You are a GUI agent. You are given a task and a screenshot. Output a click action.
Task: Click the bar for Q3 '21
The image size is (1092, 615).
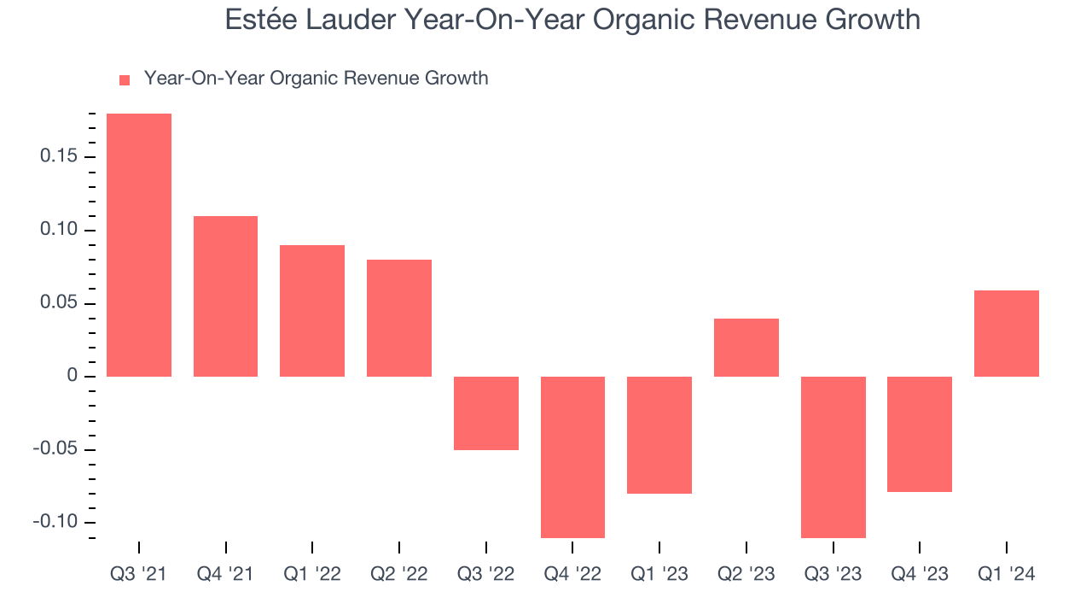coord(139,245)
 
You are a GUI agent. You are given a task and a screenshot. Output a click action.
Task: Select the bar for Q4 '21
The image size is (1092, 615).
coord(226,296)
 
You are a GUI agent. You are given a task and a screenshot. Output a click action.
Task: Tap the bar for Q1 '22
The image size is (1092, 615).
coord(312,311)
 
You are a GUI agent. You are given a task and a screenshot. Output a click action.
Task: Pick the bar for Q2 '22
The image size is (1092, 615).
coord(399,318)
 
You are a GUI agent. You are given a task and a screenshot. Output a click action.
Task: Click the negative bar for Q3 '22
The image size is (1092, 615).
coord(486,413)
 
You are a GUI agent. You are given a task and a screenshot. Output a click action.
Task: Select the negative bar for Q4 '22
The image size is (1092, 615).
coord(573,457)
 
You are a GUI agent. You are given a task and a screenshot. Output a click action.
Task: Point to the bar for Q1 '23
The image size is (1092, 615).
coord(659,435)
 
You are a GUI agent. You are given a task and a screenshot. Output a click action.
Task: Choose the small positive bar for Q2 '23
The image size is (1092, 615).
coord(746,348)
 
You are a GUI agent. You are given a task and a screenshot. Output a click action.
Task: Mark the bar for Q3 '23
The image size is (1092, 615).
coord(834,457)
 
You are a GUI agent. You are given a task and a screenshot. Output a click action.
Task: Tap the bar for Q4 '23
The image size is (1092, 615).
coord(920,434)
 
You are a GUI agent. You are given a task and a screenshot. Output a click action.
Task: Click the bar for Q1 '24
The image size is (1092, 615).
coord(1007,333)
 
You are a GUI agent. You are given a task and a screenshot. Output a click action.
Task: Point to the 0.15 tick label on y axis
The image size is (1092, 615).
coord(58,157)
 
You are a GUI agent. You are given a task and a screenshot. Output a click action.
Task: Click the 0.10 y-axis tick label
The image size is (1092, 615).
coord(58,231)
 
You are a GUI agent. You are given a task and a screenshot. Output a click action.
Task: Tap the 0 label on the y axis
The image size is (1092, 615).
coord(72,377)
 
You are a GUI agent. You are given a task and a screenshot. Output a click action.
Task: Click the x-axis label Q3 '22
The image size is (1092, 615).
coord(486,575)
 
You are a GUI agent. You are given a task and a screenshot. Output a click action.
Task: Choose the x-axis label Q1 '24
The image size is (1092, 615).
coord(1007,575)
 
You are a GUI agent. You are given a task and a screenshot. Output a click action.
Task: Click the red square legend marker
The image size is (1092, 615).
coord(125,79)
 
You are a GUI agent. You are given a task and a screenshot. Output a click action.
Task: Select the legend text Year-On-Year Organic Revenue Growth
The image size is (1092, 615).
coord(316,79)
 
